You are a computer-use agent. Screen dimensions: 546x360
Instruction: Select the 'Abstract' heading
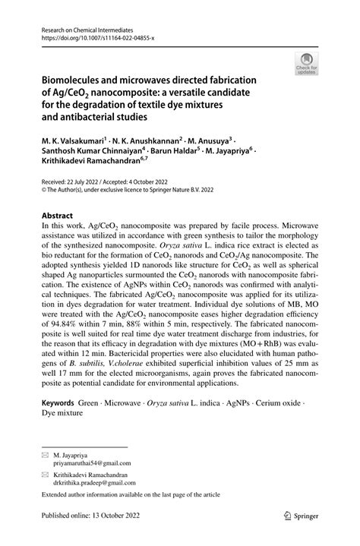[57, 215]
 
